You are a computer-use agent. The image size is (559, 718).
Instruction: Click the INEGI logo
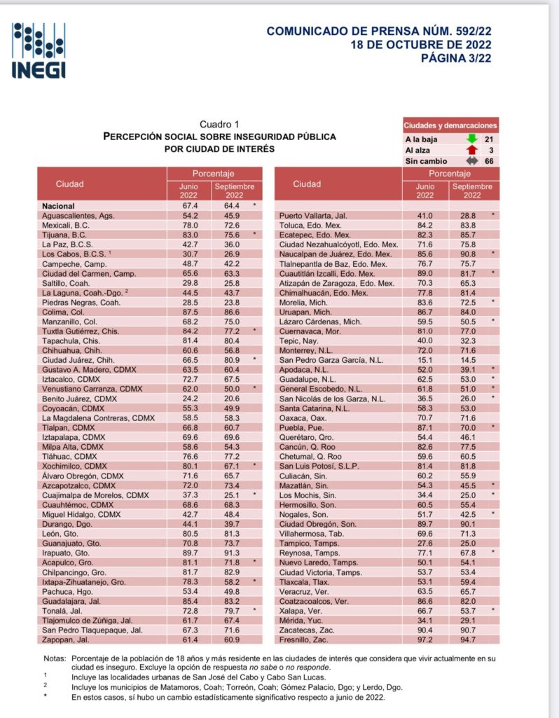click(x=39, y=50)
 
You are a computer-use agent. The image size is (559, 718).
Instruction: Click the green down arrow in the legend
click(x=471, y=139)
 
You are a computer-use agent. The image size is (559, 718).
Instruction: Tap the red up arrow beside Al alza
click(x=471, y=150)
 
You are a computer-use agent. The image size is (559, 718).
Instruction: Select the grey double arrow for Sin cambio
click(x=471, y=160)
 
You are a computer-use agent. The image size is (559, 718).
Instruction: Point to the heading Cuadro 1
click(x=219, y=124)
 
